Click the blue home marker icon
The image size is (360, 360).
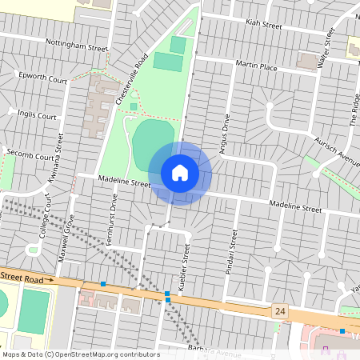pos(180,173)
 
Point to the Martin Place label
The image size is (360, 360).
pos(256,66)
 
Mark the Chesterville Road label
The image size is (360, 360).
pos(131,78)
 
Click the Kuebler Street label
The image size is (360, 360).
pos(187,265)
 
